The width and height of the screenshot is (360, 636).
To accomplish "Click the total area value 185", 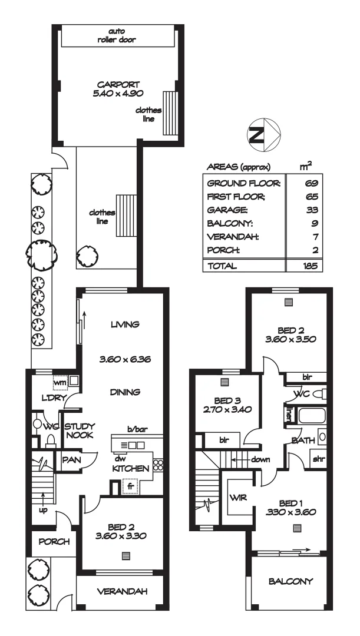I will [311, 266].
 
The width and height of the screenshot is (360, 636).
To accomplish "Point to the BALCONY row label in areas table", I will [230, 224].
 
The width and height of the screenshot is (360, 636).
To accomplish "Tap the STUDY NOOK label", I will [77, 431].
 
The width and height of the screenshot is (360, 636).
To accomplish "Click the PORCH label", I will [54, 542].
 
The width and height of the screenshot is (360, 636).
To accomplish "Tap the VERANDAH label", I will [122, 591].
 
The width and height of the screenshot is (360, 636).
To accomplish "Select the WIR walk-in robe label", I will [238, 498].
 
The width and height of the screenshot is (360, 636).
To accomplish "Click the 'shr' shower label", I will [319, 459].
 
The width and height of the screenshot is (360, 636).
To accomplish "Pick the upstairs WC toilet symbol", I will [319, 393].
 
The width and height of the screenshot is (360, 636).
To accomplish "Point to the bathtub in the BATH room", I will [312, 416].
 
